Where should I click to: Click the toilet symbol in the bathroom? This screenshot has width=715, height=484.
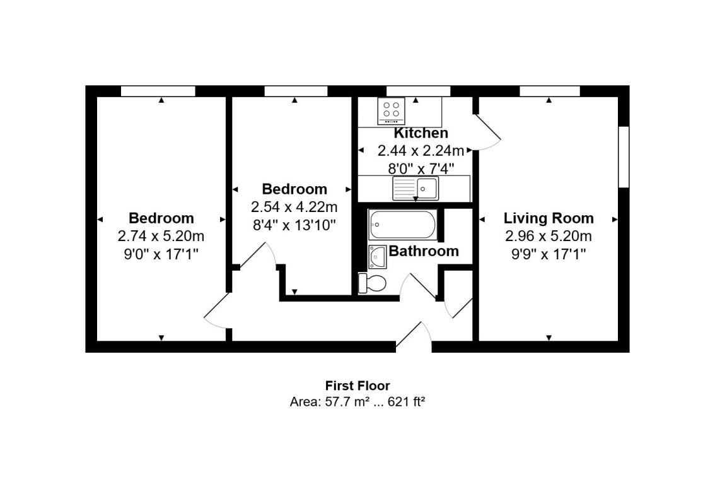coord(373,283)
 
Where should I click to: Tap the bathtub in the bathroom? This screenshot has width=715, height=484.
coord(402,225)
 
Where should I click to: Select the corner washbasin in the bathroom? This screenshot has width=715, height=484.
coord(377,256)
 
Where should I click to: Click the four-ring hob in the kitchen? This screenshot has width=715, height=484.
coord(391,110)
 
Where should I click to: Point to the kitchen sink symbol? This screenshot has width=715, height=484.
coord(417,187)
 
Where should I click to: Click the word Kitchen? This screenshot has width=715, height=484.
coord(421,133)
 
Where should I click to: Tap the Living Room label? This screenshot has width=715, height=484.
coord(549,218)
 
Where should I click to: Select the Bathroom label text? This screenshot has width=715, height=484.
coord(424,251)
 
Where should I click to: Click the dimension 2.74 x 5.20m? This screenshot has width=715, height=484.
coord(161,236)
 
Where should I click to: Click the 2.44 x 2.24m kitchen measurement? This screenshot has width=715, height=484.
coord(421,151)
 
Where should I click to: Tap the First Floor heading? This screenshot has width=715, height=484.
coord(357,385)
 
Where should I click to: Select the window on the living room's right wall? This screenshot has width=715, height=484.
coord(624,157)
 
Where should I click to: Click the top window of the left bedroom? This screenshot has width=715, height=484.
coord(158,91)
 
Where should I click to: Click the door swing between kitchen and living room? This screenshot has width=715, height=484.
coord(487,131)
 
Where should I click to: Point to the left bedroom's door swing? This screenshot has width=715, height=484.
coord(217,311)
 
